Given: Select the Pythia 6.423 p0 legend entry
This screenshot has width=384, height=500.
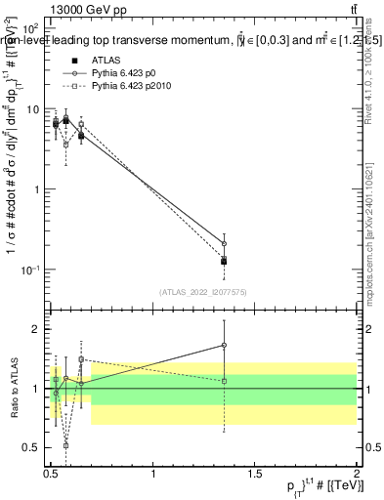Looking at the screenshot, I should tap(122, 72).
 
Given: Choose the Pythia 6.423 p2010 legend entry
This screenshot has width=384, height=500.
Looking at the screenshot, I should tap(128, 86).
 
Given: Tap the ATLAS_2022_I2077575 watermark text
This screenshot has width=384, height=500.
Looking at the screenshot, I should tap(201, 292).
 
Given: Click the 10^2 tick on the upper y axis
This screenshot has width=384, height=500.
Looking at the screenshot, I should tap(30, 30).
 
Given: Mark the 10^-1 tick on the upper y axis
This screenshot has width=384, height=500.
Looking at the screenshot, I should tap(30, 270).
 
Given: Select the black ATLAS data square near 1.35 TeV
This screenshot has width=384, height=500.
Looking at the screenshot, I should tap(225, 261).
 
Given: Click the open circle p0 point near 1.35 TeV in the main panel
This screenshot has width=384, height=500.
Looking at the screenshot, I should tap(225, 243).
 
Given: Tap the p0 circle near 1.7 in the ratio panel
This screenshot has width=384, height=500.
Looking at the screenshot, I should tap(225, 345).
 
